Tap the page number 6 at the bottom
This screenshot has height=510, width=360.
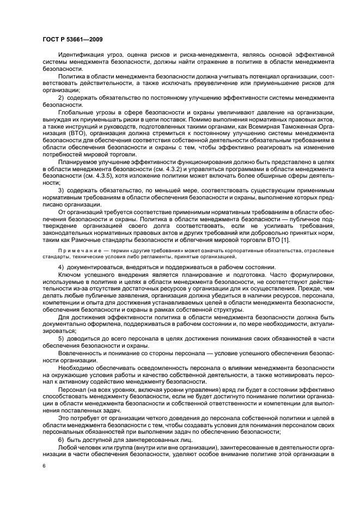(44, 466)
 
